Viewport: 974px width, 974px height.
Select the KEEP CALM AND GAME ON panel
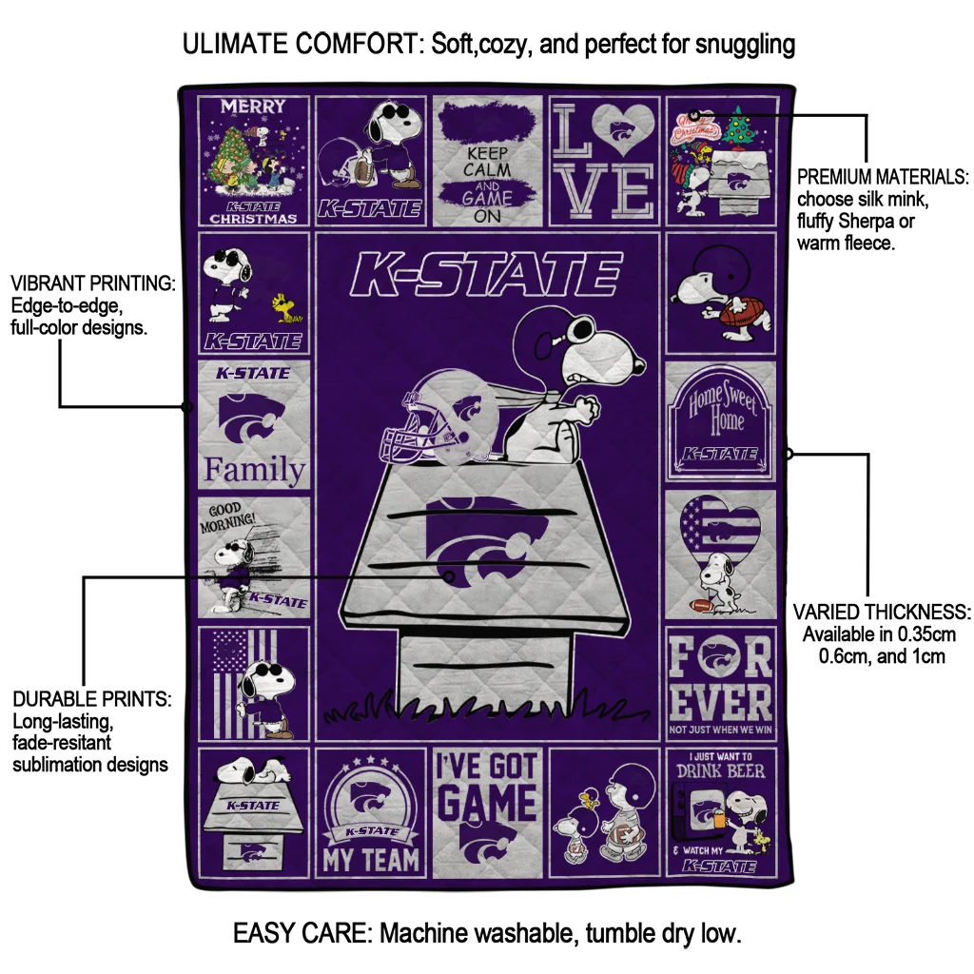[487, 161]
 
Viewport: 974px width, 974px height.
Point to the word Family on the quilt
[255, 470]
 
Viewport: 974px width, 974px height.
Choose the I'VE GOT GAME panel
[487, 809]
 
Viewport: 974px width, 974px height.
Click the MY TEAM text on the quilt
[370, 859]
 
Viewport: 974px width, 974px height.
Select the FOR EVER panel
[721, 681]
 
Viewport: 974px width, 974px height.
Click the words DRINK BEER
[720, 771]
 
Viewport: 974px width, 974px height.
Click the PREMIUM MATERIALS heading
[883, 178]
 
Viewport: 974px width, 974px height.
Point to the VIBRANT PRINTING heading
[92, 284]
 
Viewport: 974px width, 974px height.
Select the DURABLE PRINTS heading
[92, 699]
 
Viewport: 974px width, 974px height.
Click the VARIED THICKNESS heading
[882, 612]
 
